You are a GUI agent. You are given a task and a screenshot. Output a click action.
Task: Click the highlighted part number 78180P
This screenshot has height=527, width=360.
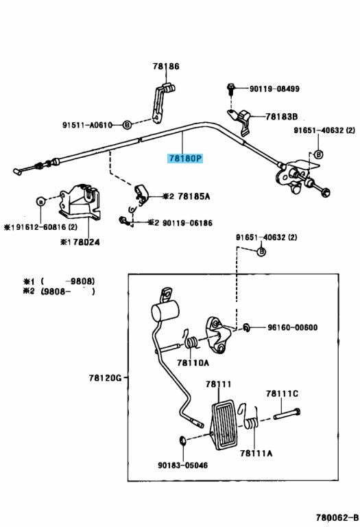click(185, 159)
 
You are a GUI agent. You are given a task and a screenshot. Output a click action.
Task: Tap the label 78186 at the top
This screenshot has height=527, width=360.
click(166, 66)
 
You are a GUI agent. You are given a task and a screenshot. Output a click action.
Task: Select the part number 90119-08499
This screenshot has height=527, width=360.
click(274, 89)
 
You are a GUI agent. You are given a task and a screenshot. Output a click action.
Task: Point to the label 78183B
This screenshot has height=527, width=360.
click(281, 117)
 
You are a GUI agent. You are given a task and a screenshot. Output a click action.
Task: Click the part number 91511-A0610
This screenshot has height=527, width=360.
click(87, 125)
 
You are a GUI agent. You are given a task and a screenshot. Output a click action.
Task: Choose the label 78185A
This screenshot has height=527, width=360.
click(194, 196)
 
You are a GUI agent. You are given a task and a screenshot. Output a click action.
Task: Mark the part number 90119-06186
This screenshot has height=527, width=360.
click(187, 223)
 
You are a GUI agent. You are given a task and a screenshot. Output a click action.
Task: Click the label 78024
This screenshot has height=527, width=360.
click(86, 242)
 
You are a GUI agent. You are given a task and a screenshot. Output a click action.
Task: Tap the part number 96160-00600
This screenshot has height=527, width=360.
click(292, 327)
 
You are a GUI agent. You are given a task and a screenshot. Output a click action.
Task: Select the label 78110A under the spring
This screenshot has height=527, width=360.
click(193, 363)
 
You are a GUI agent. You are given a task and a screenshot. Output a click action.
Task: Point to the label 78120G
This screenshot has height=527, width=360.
click(105, 378)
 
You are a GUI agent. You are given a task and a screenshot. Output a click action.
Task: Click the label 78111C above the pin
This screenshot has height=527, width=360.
click(282, 394)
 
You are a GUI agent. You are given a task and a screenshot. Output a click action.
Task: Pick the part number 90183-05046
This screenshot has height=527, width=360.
click(182, 465)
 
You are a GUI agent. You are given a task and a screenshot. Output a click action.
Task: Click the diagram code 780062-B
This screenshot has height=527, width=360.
click(337, 517)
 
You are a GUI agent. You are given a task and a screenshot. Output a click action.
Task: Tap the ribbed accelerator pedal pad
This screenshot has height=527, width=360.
click(225, 425)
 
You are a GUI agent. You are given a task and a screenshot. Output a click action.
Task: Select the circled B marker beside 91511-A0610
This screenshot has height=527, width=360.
click(127, 125)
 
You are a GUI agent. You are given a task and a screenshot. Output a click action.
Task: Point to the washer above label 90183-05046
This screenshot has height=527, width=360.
click(183, 440)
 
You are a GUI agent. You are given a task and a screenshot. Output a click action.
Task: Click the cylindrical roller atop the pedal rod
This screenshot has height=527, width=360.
click(165, 311)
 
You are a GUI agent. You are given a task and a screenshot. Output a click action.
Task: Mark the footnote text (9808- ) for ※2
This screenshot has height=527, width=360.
click(68, 291)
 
